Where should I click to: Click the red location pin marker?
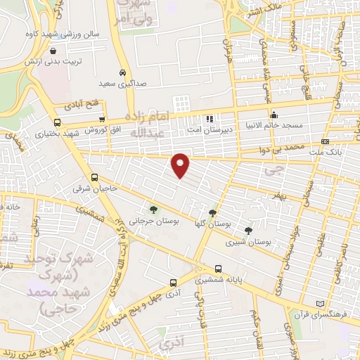pyautogui.click(x=181, y=166)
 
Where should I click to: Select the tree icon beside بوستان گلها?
pyautogui.click(x=213, y=213)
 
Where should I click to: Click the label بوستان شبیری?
pyautogui.click(x=247, y=242)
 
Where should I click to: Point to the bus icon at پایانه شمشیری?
pyautogui.click(x=219, y=269)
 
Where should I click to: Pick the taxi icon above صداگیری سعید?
pyautogui.click(x=123, y=73)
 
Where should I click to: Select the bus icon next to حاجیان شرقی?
pyautogui.click(x=94, y=178)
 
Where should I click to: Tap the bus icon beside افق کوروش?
pyautogui.click(x=103, y=120)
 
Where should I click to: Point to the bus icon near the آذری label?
pyautogui.click(x=172, y=283)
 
